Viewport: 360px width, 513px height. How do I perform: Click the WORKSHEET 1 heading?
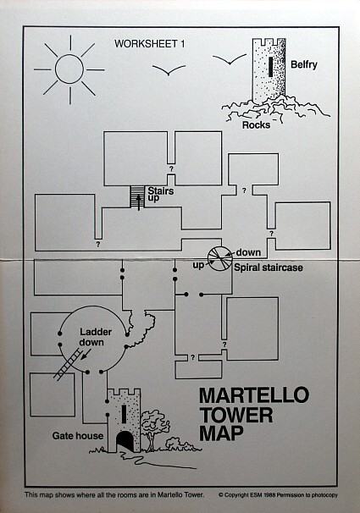(149, 44)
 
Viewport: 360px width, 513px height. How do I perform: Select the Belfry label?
(304, 65)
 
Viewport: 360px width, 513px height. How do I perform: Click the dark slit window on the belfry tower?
(270, 67)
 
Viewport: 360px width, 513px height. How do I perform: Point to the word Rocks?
(257, 125)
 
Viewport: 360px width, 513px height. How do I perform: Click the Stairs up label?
(160, 195)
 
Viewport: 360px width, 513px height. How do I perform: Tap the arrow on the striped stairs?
(138, 202)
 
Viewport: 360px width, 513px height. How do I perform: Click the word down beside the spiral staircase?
(248, 252)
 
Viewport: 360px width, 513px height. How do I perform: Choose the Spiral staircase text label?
(269, 268)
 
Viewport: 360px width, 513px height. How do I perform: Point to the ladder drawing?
(68, 365)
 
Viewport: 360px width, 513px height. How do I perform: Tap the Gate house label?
(78, 436)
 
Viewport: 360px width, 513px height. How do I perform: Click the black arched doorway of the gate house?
(125, 441)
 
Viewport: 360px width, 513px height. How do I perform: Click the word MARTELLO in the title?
(254, 395)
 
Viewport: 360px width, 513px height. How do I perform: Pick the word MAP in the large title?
(222, 433)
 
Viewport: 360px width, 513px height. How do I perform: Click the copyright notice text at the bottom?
(278, 495)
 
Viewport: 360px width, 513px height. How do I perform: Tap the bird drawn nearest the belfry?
(230, 59)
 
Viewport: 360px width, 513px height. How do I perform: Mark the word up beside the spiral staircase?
(198, 265)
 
